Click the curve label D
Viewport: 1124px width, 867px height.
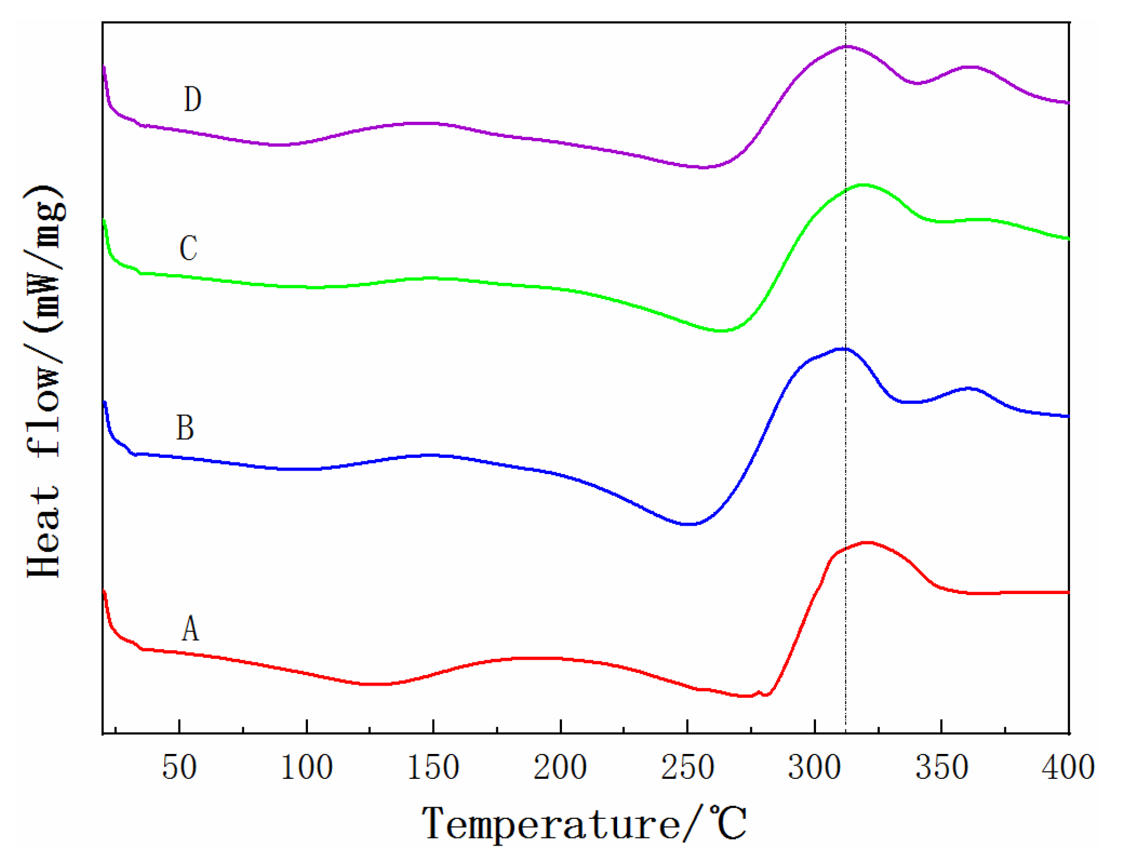point(193,99)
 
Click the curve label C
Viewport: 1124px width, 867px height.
point(188,249)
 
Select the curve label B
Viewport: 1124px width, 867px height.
point(185,428)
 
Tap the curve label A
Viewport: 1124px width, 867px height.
point(190,628)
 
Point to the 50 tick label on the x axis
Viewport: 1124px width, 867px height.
point(179,767)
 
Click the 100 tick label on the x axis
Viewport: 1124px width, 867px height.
point(306,767)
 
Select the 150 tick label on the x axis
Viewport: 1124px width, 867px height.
point(433,767)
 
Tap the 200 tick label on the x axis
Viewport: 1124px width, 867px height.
point(560,767)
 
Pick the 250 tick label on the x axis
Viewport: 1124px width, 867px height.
point(687,767)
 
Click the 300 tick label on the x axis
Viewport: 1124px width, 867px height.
point(814,767)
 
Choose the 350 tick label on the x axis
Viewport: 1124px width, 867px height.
point(941,767)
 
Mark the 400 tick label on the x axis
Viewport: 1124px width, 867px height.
point(1068,767)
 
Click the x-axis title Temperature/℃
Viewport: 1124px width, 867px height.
point(584,824)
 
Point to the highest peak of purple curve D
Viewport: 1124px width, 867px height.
point(847,46)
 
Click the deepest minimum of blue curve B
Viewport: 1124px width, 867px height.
point(688,524)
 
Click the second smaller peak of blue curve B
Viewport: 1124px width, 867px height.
point(967,388)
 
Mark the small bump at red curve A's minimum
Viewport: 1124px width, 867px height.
point(759,692)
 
